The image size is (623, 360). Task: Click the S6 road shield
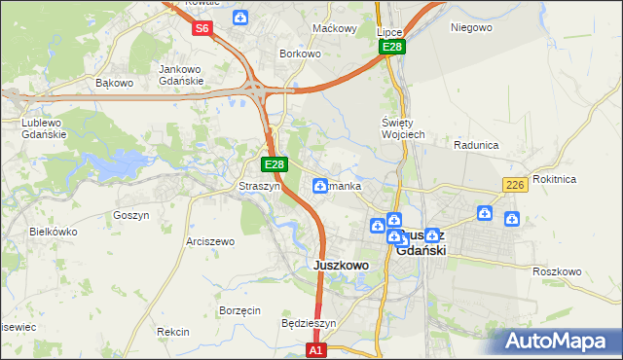tap(202, 28)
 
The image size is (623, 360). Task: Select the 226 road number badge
tap(515, 185)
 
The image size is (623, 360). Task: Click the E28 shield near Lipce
tap(392, 47)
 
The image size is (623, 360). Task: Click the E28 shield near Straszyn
tap(275, 165)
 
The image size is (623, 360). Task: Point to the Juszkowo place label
tap(341, 265)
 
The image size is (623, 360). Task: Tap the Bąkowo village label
tap(114, 83)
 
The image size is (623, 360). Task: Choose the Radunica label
tap(476, 145)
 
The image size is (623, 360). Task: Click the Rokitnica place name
tap(582, 179)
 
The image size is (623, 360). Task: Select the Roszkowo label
tap(557, 271)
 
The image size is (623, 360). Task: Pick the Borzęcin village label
tap(239, 310)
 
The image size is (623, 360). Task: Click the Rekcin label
tap(172, 332)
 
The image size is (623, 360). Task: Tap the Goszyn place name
tap(130, 215)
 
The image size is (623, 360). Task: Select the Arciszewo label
tap(210, 240)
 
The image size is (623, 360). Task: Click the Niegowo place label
tap(471, 27)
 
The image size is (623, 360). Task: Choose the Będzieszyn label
tap(308, 323)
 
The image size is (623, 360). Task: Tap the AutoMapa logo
tap(555, 341)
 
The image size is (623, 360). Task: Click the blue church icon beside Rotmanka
tap(319, 186)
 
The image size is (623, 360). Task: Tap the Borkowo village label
tap(300, 54)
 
